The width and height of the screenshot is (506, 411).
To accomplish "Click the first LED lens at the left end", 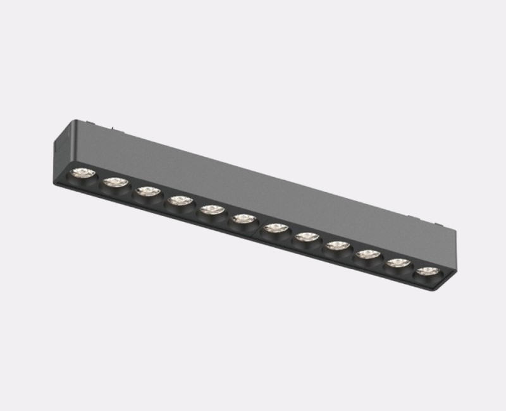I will pyautogui.click(x=82, y=173).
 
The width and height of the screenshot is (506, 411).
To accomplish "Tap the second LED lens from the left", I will pyautogui.click(x=115, y=182).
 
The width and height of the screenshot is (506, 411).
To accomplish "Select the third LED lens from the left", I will pyautogui.click(x=147, y=191).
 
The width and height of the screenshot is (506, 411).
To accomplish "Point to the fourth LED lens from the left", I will pyautogui.click(x=180, y=200).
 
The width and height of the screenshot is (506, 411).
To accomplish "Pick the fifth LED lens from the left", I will pyautogui.click(x=211, y=210).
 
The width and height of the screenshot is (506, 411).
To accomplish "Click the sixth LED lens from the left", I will pyautogui.click(x=243, y=219).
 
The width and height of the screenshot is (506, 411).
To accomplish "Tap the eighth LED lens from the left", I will pyautogui.click(x=306, y=236).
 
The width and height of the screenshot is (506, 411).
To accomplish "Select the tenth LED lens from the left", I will pyautogui.click(x=367, y=254).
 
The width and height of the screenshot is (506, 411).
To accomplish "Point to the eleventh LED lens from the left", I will pyautogui.click(x=397, y=262).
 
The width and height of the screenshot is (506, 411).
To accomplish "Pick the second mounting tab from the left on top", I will pyautogui.click(x=116, y=131).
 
